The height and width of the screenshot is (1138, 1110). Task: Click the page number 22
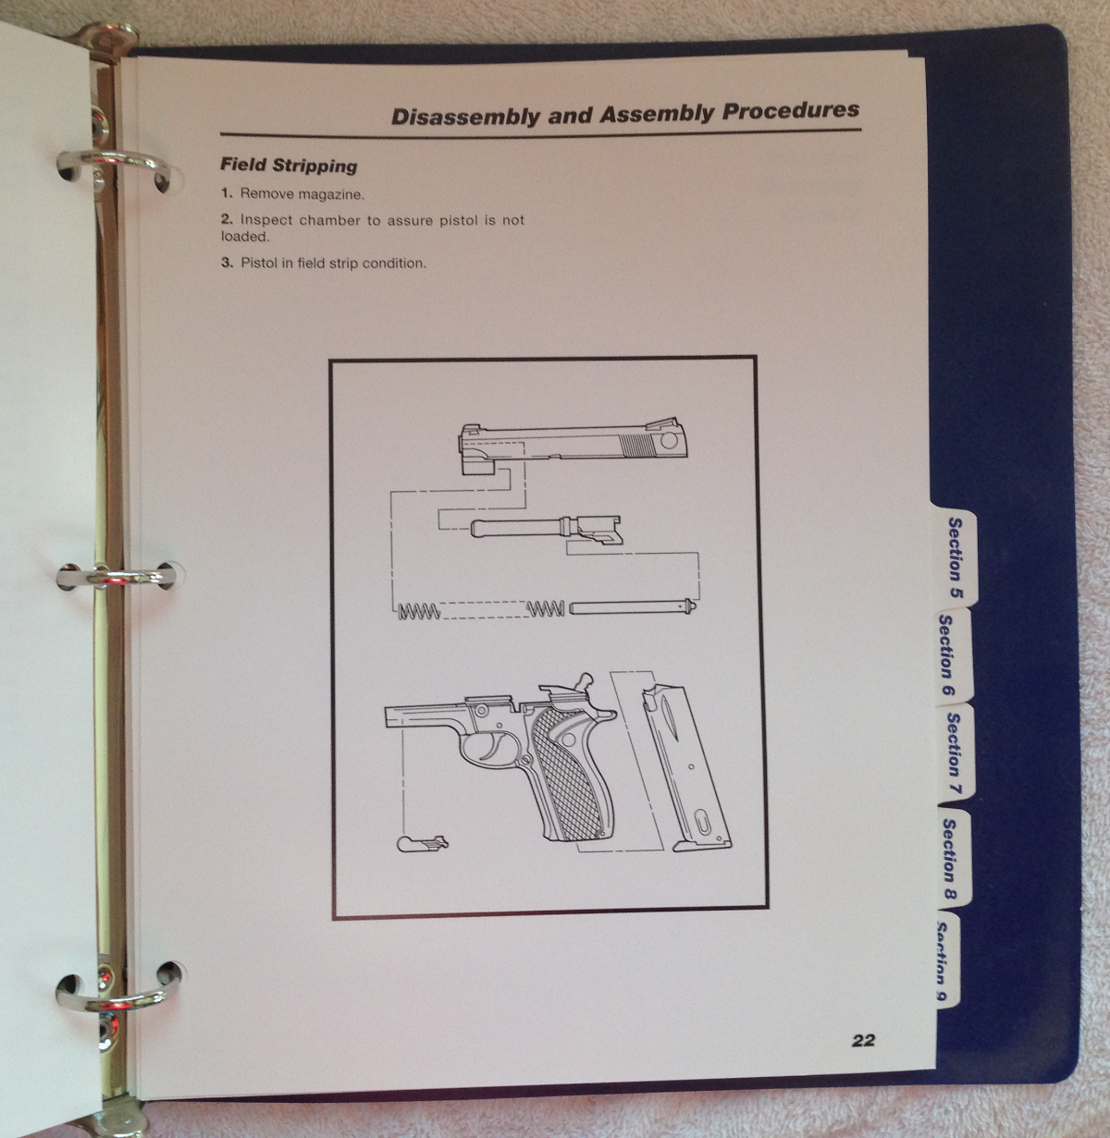[x=862, y=1040]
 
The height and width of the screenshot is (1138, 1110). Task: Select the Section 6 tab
[x=946, y=655]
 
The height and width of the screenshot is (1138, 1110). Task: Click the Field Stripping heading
[x=289, y=166]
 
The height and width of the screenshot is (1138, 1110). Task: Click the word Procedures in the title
[x=791, y=112]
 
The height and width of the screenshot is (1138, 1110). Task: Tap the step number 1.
[x=226, y=194]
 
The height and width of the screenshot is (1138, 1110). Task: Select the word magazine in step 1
[x=333, y=194]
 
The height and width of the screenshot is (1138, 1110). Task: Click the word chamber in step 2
[x=330, y=220]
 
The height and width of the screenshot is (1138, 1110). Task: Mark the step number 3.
[x=226, y=263]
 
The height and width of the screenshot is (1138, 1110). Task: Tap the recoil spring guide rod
[x=629, y=609]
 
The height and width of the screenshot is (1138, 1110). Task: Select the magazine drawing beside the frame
[x=689, y=767]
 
